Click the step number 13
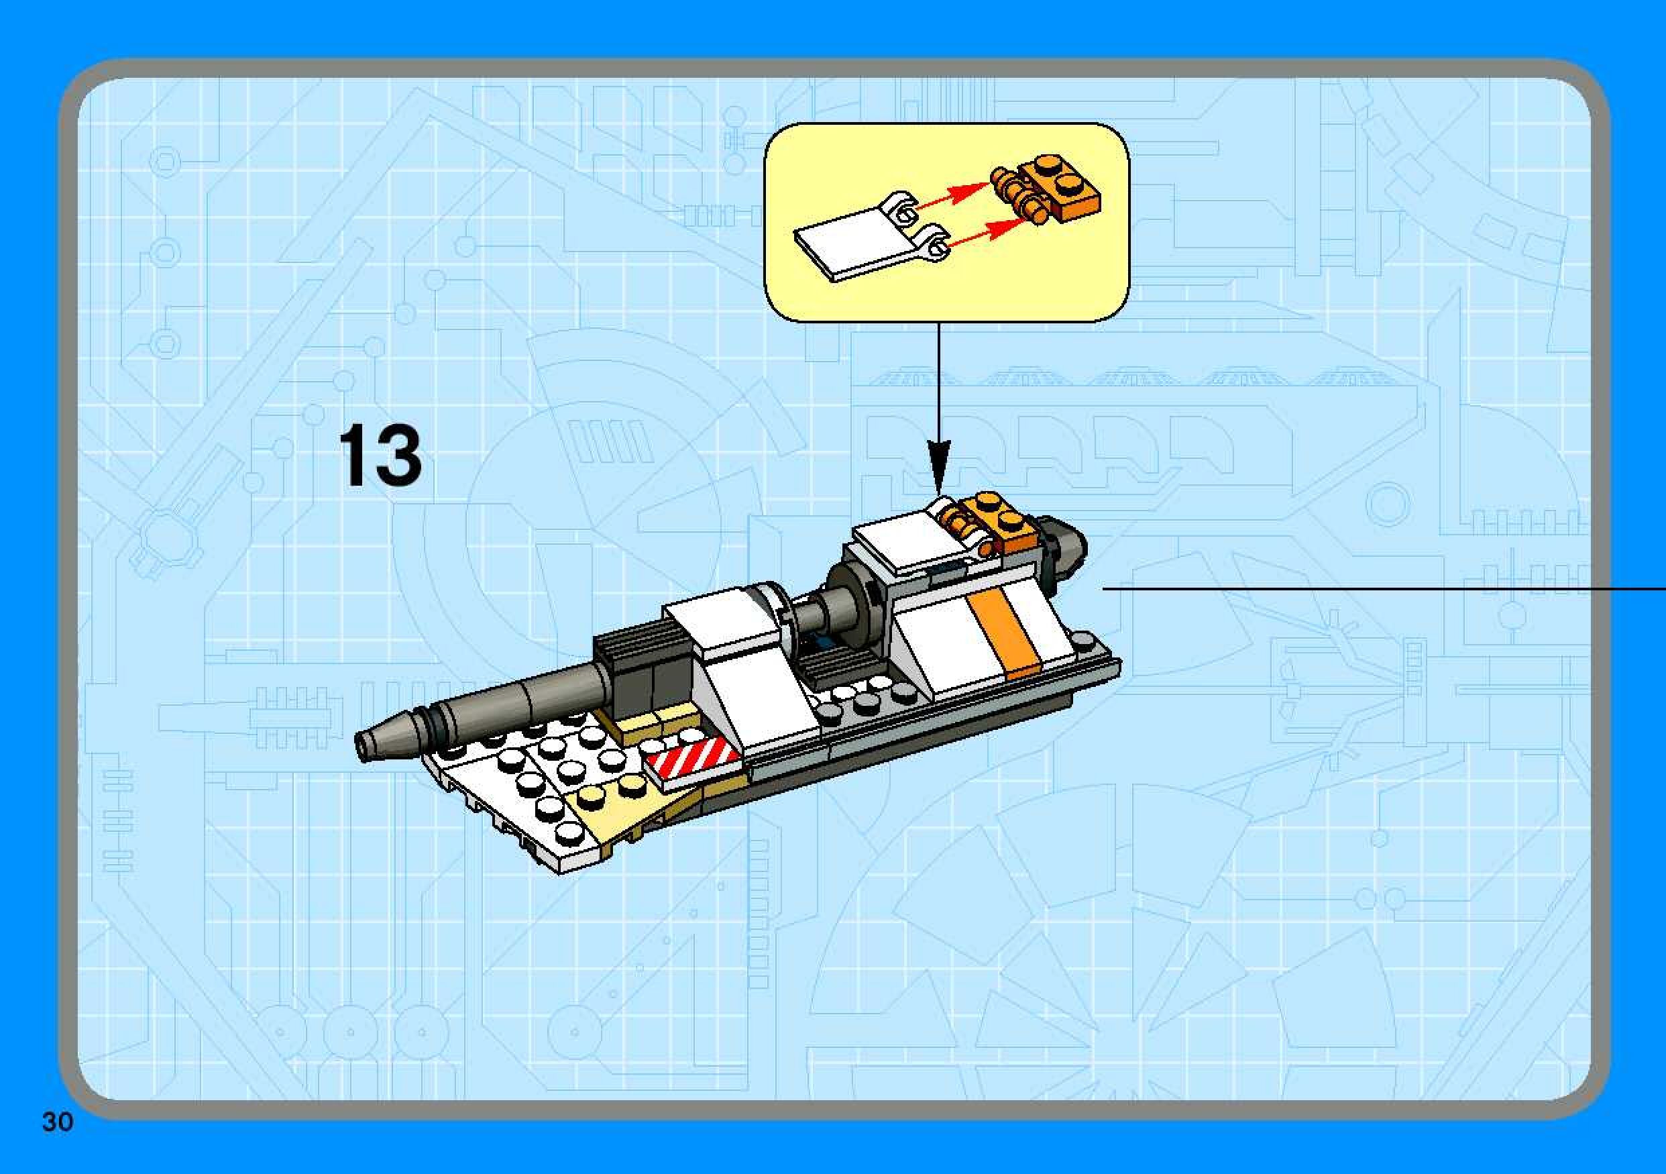380,456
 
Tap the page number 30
57,1122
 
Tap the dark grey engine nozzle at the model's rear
1064,547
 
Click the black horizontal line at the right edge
1379,590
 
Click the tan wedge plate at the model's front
624,820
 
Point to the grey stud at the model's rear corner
1083,641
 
